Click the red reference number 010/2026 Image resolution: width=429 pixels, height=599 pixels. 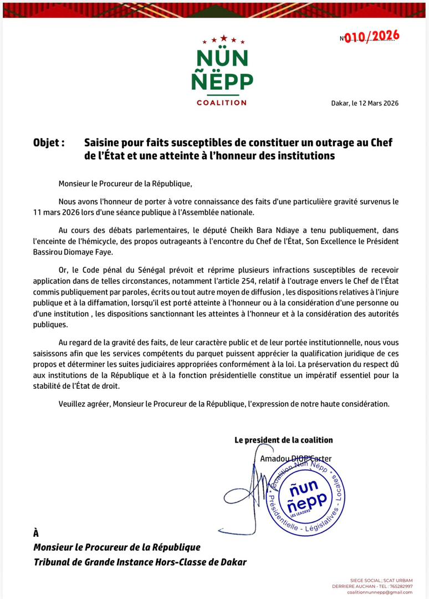tap(371, 37)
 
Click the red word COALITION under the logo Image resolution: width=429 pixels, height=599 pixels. tap(222, 103)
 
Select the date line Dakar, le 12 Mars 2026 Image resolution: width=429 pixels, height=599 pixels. tap(365, 103)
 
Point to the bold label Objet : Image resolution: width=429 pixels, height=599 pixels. tap(49, 143)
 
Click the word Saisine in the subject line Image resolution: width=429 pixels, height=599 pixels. tap(104, 143)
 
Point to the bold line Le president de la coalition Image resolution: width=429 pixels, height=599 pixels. tap(284, 440)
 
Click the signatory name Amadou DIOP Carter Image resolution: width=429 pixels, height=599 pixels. tap(296, 459)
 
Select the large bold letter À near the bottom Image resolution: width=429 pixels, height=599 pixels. tap(37, 533)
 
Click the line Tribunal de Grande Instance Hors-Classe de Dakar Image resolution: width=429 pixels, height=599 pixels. tap(140, 562)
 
